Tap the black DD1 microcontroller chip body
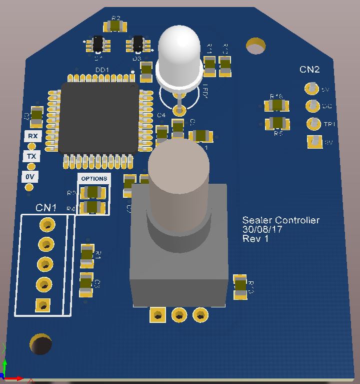click(98, 118)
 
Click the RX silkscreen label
click(32, 136)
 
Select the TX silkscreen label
click(31, 157)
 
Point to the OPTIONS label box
click(94, 179)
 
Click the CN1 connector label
click(46, 207)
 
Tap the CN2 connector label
click(309, 70)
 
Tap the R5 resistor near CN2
click(276, 123)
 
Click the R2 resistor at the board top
click(115, 26)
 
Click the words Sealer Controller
click(280, 220)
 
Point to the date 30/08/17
click(262, 230)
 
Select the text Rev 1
click(255, 239)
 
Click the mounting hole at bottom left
click(40, 343)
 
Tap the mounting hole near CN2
click(255, 47)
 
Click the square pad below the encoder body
click(157, 315)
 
